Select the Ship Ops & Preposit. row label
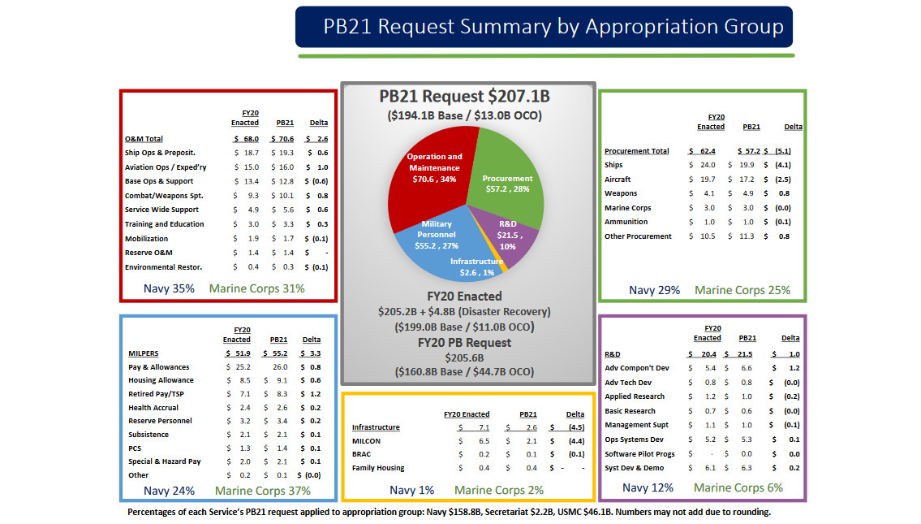160,153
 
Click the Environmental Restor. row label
163,267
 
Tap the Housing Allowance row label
161,380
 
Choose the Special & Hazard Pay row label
164,461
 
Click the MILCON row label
366,441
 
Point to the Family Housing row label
378,468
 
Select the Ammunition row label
626,222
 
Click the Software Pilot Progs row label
639,453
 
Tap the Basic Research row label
630,411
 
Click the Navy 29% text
655,290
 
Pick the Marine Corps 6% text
738,487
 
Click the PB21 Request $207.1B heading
464,97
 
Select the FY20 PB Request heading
464,343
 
